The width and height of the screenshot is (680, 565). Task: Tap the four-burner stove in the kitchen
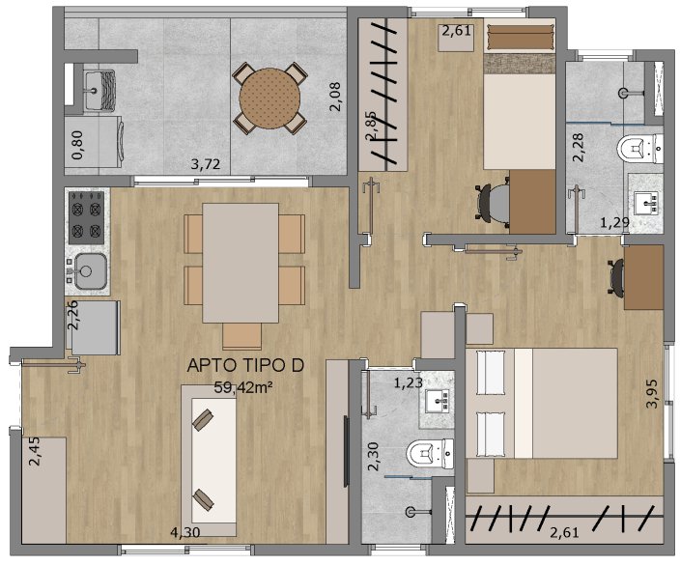pyautogui.click(x=86, y=217)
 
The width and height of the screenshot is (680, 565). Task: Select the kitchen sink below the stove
pyautogui.click(x=90, y=271)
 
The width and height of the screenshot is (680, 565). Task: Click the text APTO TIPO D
pyautogui.click(x=245, y=366)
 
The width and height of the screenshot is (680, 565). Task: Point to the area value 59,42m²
pyautogui.click(x=243, y=387)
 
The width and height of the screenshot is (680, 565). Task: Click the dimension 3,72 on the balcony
pyautogui.click(x=206, y=164)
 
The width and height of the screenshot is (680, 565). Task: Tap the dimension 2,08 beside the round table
pyautogui.click(x=335, y=98)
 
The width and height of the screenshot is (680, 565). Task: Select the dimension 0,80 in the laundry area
pyautogui.click(x=78, y=146)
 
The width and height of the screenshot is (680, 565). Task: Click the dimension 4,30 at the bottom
pyautogui.click(x=185, y=532)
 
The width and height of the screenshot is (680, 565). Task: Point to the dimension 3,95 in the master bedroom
pyautogui.click(x=652, y=394)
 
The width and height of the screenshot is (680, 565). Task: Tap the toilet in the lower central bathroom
pyautogui.click(x=430, y=454)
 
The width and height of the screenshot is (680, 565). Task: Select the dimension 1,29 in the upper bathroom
pyautogui.click(x=614, y=223)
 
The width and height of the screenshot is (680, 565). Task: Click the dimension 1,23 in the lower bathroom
pyautogui.click(x=409, y=382)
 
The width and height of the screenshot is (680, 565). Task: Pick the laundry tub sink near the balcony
pyautogui.click(x=99, y=90)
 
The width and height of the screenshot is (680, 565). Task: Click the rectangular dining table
pyautogui.click(x=241, y=264)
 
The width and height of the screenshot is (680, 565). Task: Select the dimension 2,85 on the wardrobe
pyautogui.click(x=372, y=127)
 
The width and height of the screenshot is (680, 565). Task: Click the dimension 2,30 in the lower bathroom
pyautogui.click(x=374, y=456)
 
